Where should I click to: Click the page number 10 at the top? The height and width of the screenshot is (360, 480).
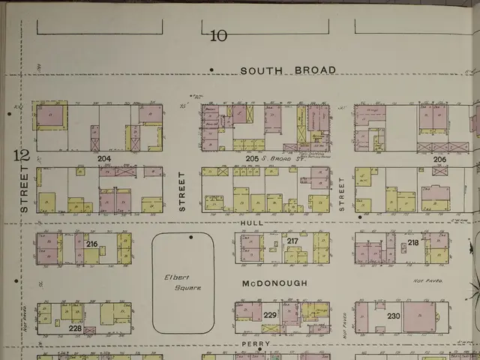(x=219, y=34)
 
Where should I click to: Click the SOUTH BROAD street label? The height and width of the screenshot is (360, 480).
(x=287, y=70)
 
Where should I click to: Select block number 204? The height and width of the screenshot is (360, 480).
(x=103, y=159)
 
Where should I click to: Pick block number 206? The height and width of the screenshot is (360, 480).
(x=439, y=159)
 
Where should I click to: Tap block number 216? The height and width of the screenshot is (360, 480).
(x=91, y=244)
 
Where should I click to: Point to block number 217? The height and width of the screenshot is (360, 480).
(x=292, y=241)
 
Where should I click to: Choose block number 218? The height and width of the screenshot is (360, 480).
(x=413, y=243)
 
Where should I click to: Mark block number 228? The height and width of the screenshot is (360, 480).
(x=75, y=328)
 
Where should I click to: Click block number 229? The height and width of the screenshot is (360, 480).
(x=270, y=315)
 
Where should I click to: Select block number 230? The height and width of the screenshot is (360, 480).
(x=394, y=316)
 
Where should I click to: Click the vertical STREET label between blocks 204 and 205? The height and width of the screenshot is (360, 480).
(x=181, y=192)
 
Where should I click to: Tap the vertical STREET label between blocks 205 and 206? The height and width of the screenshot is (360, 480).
(x=341, y=194)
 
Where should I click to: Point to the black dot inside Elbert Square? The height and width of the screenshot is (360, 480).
(x=190, y=237)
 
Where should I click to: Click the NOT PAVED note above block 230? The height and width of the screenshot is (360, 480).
(x=427, y=280)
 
